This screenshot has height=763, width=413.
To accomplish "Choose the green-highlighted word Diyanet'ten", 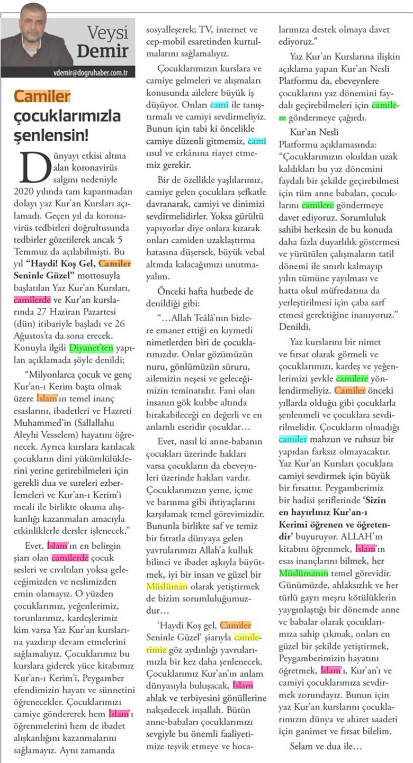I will click(92, 349).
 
